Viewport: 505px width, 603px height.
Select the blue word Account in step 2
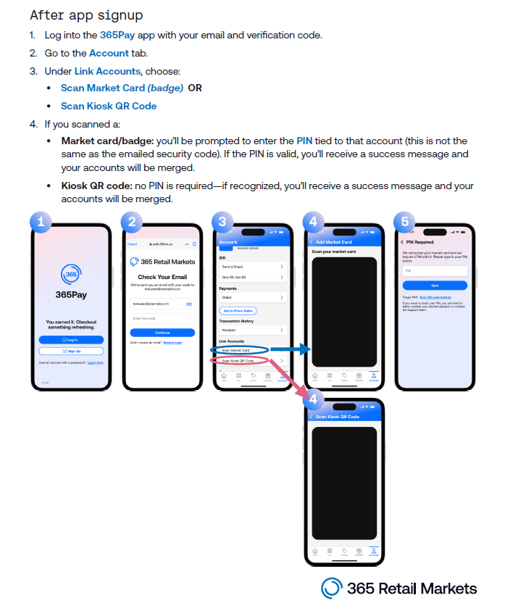[x=109, y=53]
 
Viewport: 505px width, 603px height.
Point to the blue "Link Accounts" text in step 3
[x=107, y=71]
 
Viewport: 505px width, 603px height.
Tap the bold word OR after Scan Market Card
[x=195, y=88]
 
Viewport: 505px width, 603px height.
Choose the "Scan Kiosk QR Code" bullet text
[x=109, y=106]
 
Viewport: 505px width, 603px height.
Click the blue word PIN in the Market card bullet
[x=304, y=141]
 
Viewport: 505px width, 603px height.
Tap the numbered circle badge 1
[x=41, y=222]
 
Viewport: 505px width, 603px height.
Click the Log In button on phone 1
[x=71, y=339]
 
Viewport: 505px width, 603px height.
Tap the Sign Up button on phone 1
[x=71, y=351]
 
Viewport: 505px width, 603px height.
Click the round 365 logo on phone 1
[x=71, y=275]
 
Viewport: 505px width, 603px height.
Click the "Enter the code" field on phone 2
[x=162, y=318]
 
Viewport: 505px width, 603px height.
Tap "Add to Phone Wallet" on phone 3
[x=238, y=310]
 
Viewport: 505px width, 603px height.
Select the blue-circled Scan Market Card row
[x=240, y=350]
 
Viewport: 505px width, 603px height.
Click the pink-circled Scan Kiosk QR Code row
[x=240, y=360]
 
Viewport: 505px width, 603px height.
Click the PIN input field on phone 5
[x=435, y=270]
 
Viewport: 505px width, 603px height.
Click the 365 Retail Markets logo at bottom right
[x=399, y=588]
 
